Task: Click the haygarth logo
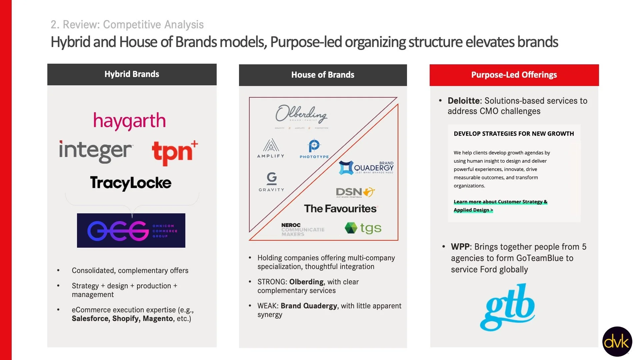[129, 121]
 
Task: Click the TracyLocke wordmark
[131, 183]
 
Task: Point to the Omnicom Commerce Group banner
[131, 230]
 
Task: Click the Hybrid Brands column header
[132, 74]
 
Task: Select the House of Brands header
[323, 75]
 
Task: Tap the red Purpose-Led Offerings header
[514, 75]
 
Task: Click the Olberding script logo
[301, 114]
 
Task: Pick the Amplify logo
[271, 148]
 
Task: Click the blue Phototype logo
[314, 149]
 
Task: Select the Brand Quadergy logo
[366, 167]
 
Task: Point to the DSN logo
[355, 192]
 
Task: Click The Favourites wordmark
[340, 209]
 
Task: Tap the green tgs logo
[363, 228]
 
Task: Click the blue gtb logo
[507, 307]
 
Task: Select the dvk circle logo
[617, 341]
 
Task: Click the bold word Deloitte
[463, 101]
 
